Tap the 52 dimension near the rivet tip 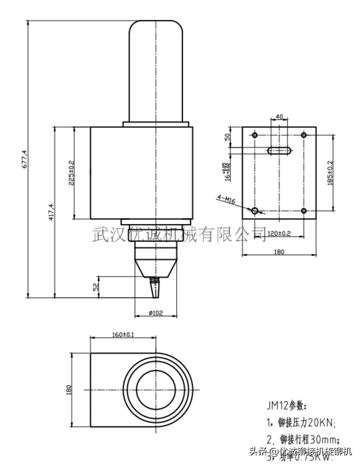(96, 286)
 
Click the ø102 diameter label (156, 313)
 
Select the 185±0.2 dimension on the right (330, 172)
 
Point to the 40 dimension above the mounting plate (279, 117)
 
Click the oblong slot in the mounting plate (279, 151)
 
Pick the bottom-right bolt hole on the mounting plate (304, 211)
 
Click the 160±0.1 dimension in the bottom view (123, 335)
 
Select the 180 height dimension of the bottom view (69, 389)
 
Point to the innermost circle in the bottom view (156, 390)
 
